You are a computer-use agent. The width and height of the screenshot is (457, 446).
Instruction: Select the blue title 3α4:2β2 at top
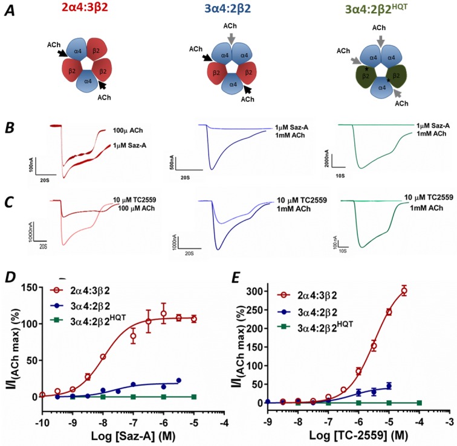click(x=230, y=10)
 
